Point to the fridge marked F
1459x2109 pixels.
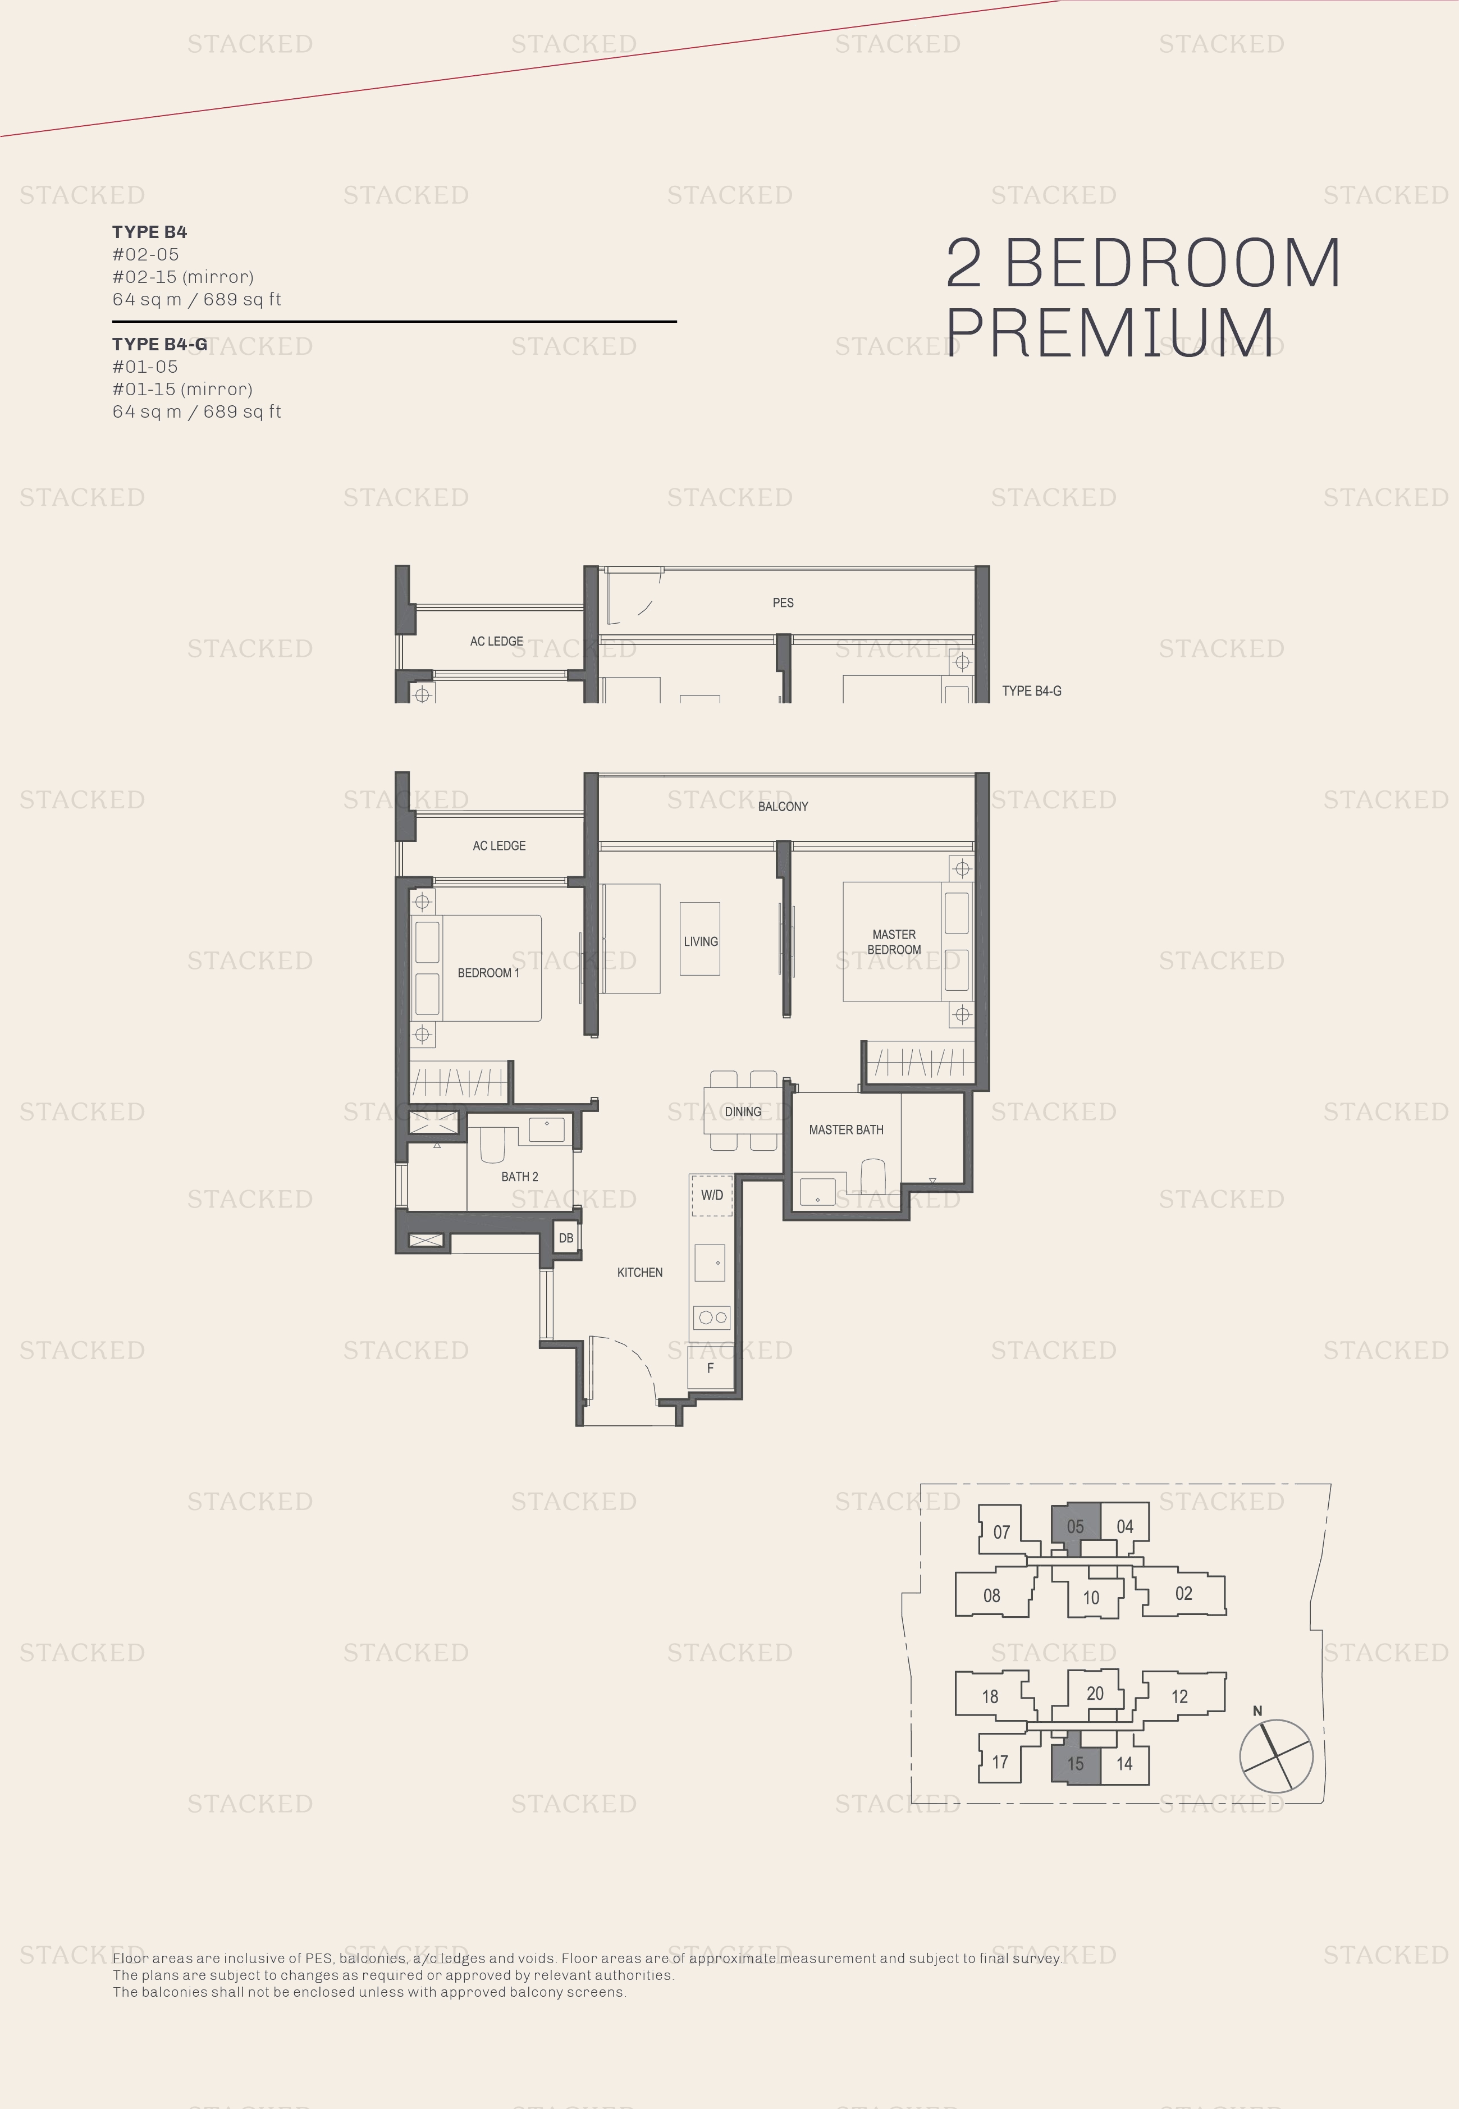point(710,1367)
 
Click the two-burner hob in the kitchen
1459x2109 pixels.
point(711,1317)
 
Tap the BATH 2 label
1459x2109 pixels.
point(519,1177)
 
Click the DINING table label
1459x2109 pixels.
point(742,1111)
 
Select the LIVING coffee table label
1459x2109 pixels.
point(700,941)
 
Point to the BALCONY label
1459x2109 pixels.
point(783,806)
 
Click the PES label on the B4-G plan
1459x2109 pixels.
point(783,602)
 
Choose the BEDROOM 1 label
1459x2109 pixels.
point(488,973)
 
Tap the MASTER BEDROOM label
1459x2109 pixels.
point(894,941)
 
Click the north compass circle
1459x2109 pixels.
point(1276,1756)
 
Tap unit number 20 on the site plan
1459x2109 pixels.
point(1095,1693)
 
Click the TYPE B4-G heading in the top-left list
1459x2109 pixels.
point(160,344)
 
